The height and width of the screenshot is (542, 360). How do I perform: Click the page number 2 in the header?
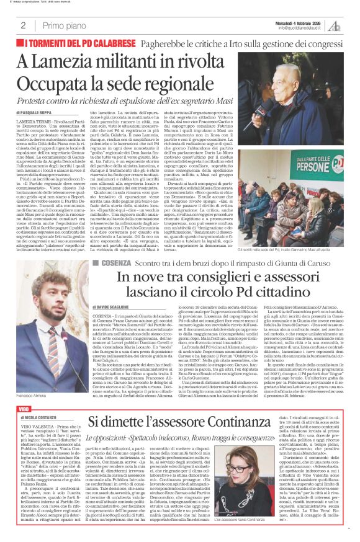(23, 25)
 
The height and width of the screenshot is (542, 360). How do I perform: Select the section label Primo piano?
(63, 25)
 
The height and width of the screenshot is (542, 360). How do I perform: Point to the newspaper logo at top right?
(335, 25)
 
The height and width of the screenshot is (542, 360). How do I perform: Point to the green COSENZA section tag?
(115, 264)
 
